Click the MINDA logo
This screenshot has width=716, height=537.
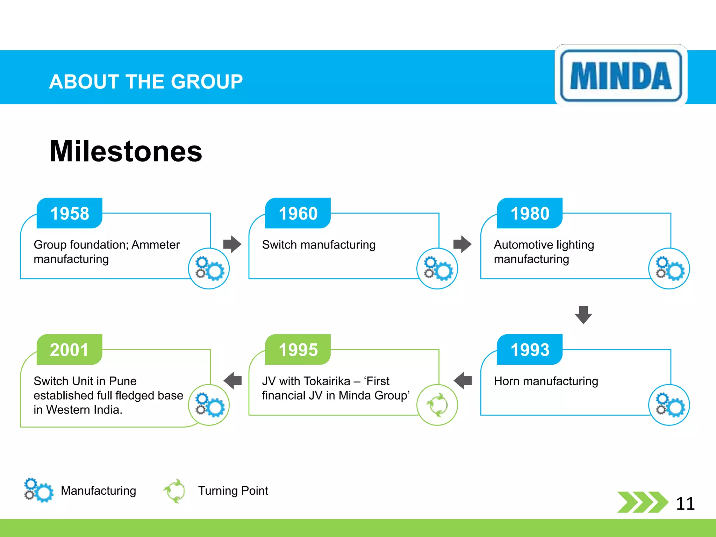[621, 76]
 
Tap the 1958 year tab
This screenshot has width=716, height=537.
[70, 213]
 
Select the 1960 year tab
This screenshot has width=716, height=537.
[298, 213]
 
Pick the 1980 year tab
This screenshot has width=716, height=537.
[530, 213]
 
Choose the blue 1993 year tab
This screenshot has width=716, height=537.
[530, 350]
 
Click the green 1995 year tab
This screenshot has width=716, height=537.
[298, 350]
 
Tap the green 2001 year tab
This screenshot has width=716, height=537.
[70, 350]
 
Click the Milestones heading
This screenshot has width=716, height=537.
[126, 151]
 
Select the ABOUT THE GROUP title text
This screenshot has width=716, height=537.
[146, 82]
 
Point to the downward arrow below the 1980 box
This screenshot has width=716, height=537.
[583, 315]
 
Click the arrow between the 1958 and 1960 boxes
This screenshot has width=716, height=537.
[232, 244]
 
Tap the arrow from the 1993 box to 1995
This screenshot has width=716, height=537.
[463, 380]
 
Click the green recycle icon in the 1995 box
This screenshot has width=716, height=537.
[437, 405]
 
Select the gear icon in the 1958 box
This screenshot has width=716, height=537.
[209, 268]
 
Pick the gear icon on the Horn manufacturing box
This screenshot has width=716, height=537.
[669, 405]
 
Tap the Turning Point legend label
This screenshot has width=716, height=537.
[233, 491]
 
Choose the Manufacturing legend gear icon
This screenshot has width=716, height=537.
[38, 490]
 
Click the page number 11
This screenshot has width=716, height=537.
[685, 504]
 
